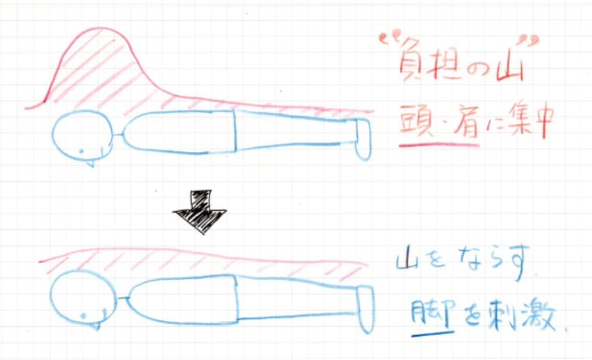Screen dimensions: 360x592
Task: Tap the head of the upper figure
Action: pyautogui.click(x=80, y=136)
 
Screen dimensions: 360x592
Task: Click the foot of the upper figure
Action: pyautogui.click(x=362, y=139)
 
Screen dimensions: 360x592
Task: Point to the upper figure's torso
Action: pyautogui.click(x=178, y=132)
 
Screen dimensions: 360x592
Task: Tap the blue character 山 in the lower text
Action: pyautogui.click(x=407, y=266)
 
